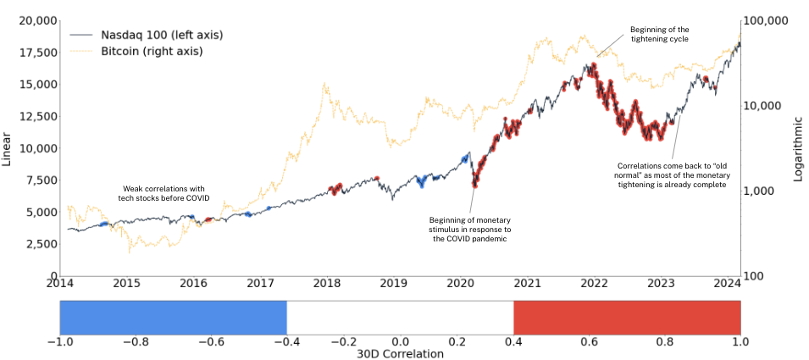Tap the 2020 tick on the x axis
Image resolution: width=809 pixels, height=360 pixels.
[x=460, y=285]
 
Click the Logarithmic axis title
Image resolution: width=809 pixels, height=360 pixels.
[x=797, y=149]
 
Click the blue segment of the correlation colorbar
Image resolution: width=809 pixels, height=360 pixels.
[x=173, y=318]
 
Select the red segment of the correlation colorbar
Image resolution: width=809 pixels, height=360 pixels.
[x=627, y=318]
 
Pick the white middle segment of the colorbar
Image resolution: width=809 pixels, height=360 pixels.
[x=400, y=318]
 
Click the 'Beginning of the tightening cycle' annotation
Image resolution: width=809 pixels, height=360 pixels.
[x=660, y=34]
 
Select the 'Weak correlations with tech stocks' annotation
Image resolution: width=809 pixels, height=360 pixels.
[x=161, y=193]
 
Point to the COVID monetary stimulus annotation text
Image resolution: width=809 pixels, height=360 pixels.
[x=470, y=229]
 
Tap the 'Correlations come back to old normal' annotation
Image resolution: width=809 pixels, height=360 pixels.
[x=672, y=174]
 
